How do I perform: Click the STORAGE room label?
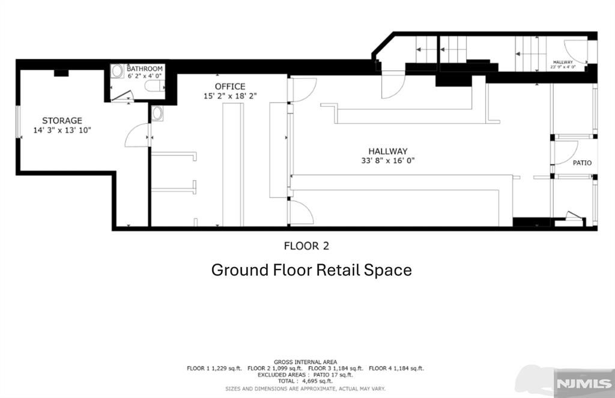[x=62, y=121]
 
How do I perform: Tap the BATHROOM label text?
[x=145, y=68]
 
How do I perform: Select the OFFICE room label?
[x=231, y=86]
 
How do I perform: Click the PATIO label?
[x=582, y=163]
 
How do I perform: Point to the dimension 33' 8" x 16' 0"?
[x=388, y=161]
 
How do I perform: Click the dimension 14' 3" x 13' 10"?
[x=62, y=130]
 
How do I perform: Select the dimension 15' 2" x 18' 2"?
[x=231, y=96]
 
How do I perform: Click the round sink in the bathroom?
[x=117, y=70]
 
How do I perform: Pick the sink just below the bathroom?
[x=157, y=113]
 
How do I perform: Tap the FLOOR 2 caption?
[x=306, y=246]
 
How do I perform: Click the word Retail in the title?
[x=338, y=270]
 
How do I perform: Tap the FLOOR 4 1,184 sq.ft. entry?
[x=396, y=368]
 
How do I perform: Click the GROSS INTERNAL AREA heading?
[x=305, y=361]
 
